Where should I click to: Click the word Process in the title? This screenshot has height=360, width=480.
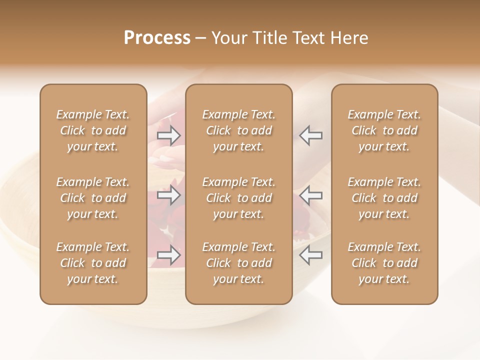[x=157, y=38]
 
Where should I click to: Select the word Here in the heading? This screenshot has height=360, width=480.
[x=349, y=38]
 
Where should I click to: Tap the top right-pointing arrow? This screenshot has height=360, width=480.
[x=169, y=135]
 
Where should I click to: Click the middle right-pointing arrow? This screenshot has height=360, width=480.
[x=169, y=195]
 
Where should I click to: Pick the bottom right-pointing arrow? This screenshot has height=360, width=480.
[x=169, y=255]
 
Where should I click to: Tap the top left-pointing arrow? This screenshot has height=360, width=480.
[x=311, y=135]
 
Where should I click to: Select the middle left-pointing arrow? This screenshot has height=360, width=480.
[x=311, y=195]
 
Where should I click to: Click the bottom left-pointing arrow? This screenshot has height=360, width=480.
[x=311, y=255]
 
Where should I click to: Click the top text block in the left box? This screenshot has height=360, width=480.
[x=93, y=130]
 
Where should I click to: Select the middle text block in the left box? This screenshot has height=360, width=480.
[x=93, y=198]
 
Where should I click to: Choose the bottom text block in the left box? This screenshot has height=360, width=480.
[x=93, y=263]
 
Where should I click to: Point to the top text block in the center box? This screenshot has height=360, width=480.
[x=239, y=130]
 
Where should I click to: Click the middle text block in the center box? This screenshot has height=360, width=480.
[x=239, y=198]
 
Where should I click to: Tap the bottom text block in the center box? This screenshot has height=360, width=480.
[x=239, y=263]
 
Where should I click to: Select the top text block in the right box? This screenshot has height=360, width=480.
[x=384, y=130]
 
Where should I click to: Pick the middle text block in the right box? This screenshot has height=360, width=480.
[x=384, y=198]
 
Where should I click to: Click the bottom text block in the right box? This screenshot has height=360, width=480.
[x=384, y=263]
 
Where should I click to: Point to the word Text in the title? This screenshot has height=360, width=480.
[x=308, y=38]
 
